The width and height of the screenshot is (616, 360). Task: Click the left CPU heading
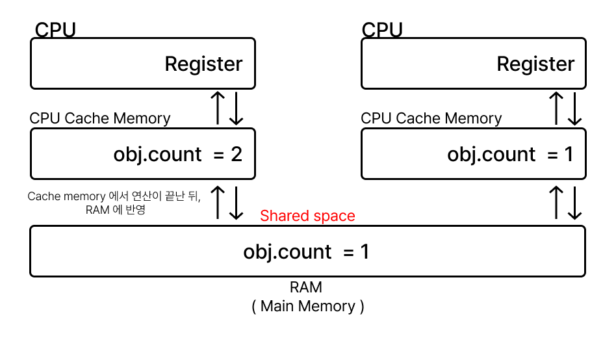(x=55, y=29)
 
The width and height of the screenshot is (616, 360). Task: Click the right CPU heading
(x=382, y=29)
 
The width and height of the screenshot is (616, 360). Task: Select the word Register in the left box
(x=203, y=64)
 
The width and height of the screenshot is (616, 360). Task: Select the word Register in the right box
(x=535, y=64)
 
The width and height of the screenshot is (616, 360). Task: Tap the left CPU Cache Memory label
(x=100, y=118)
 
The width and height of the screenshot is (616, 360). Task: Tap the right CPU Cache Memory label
(x=431, y=118)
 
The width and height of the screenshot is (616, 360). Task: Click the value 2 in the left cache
(x=236, y=155)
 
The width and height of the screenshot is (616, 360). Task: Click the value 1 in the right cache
(x=569, y=155)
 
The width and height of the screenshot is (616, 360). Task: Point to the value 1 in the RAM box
(x=364, y=251)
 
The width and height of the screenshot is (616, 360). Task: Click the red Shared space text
(x=307, y=216)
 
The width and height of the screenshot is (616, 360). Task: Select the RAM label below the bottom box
(x=306, y=287)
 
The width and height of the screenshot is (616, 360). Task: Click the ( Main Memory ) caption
(x=307, y=306)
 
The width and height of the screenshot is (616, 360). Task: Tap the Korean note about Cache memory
(x=114, y=203)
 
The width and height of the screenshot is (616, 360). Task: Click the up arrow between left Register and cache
(x=219, y=108)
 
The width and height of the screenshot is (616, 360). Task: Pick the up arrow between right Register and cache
(x=556, y=108)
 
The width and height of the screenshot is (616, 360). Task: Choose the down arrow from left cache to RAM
(x=237, y=203)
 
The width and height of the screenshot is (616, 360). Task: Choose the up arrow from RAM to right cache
(x=556, y=203)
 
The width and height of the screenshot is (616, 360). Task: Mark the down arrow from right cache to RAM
(x=574, y=203)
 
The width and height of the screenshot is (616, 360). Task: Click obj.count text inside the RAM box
(x=287, y=251)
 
